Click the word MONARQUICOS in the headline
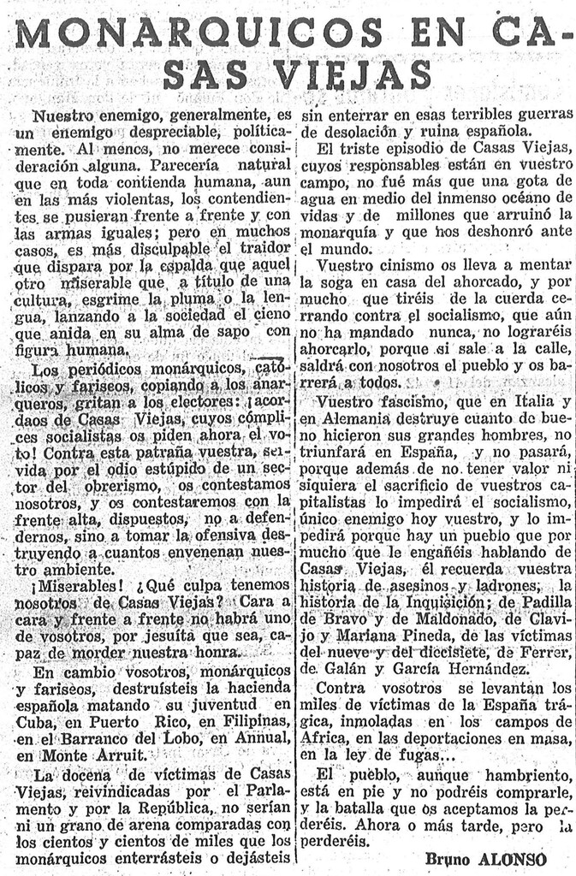click(x=199, y=33)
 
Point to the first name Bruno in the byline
click(x=449, y=858)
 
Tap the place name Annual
click(x=263, y=738)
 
